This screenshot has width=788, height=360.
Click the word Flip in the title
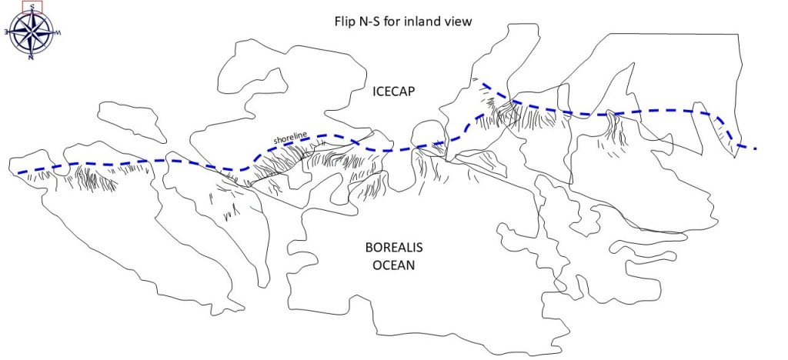click(336, 22)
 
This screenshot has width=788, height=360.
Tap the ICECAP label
click(393, 92)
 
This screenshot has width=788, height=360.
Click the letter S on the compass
click(32, 5)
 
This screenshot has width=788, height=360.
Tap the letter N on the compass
click(31, 57)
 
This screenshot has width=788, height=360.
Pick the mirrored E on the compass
click(6, 32)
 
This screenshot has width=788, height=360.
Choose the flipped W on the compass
click(58, 33)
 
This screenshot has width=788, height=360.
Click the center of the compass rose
click(32, 32)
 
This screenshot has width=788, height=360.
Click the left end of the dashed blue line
click(18, 172)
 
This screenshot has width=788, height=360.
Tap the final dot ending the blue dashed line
click(756, 148)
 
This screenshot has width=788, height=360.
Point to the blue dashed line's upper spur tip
click(483, 83)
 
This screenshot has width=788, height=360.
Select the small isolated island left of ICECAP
click(132, 122)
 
